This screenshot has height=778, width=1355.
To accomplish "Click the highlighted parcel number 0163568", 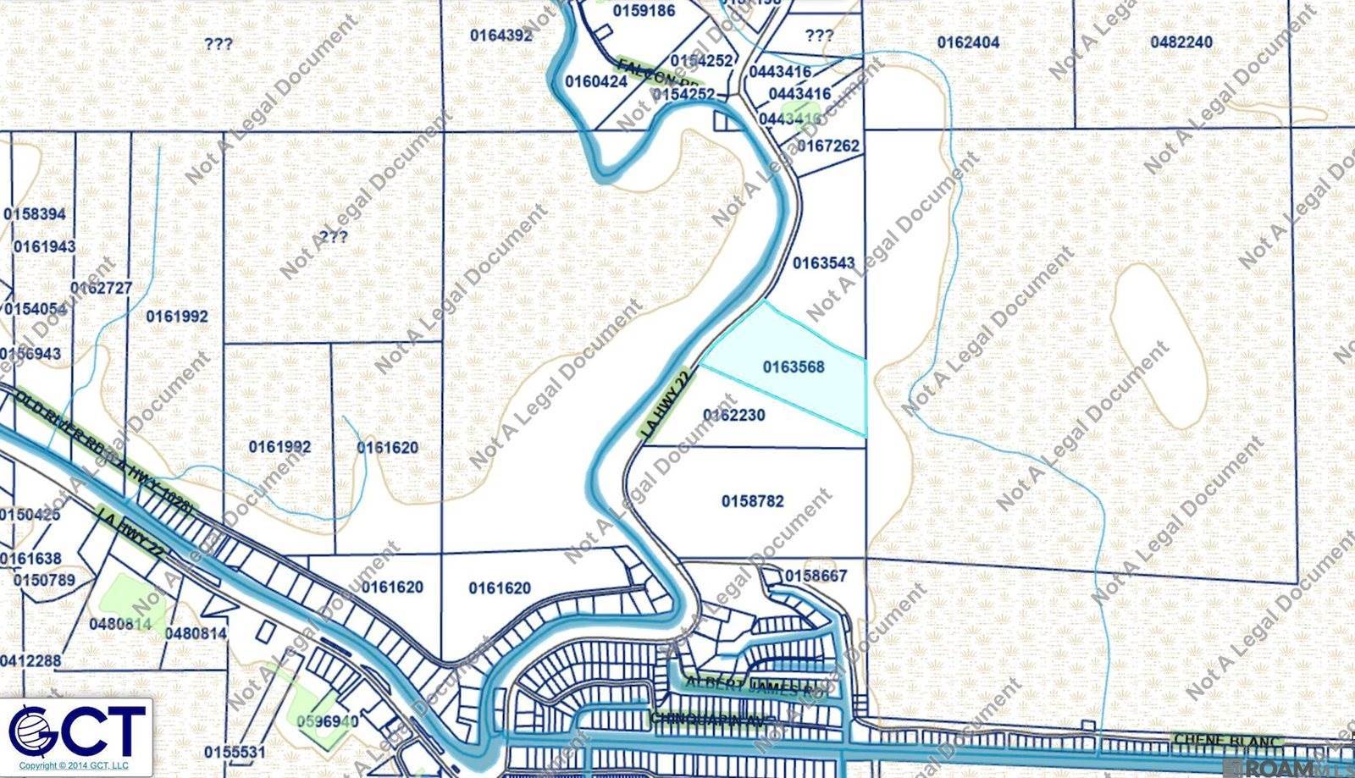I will tap(794, 367).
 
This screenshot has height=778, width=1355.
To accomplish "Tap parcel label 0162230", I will tap(734, 415).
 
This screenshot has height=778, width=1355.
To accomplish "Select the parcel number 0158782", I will tap(752, 501).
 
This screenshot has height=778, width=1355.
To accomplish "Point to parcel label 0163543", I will tap(823, 263).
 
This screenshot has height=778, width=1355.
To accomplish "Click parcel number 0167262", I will tap(827, 146).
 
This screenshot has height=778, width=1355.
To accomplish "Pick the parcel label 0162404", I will tap(968, 42).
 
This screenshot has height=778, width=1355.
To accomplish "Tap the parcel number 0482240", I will tap(1181, 42).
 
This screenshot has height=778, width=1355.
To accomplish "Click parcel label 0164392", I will tap(501, 35).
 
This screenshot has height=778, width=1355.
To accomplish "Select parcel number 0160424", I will tap(596, 82).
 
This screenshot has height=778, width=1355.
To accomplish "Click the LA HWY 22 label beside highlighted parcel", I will tap(668, 404).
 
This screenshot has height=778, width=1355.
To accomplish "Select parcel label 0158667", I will tap(816, 577).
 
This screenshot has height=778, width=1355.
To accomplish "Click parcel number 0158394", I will tap(35, 214).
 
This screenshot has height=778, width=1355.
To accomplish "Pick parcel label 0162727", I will tap(101, 288).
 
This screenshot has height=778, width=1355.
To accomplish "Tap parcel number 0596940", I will tap(328, 722).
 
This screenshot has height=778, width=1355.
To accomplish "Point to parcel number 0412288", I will tap(30, 660).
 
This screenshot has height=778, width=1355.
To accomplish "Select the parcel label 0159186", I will tap(644, 11).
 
